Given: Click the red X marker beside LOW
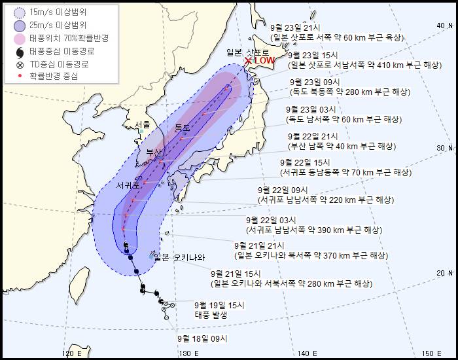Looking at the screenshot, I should coord(248,61).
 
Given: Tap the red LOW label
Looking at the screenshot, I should coord(264,61).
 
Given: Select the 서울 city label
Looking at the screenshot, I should coord(142,124).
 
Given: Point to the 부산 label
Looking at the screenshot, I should coord(154,152).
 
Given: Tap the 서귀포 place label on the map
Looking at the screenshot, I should coord(128,185).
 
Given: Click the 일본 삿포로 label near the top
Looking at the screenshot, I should coord(244,51).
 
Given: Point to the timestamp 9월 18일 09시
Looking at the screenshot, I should coord(202,338).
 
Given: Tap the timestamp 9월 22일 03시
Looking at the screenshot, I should coord(271,220).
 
